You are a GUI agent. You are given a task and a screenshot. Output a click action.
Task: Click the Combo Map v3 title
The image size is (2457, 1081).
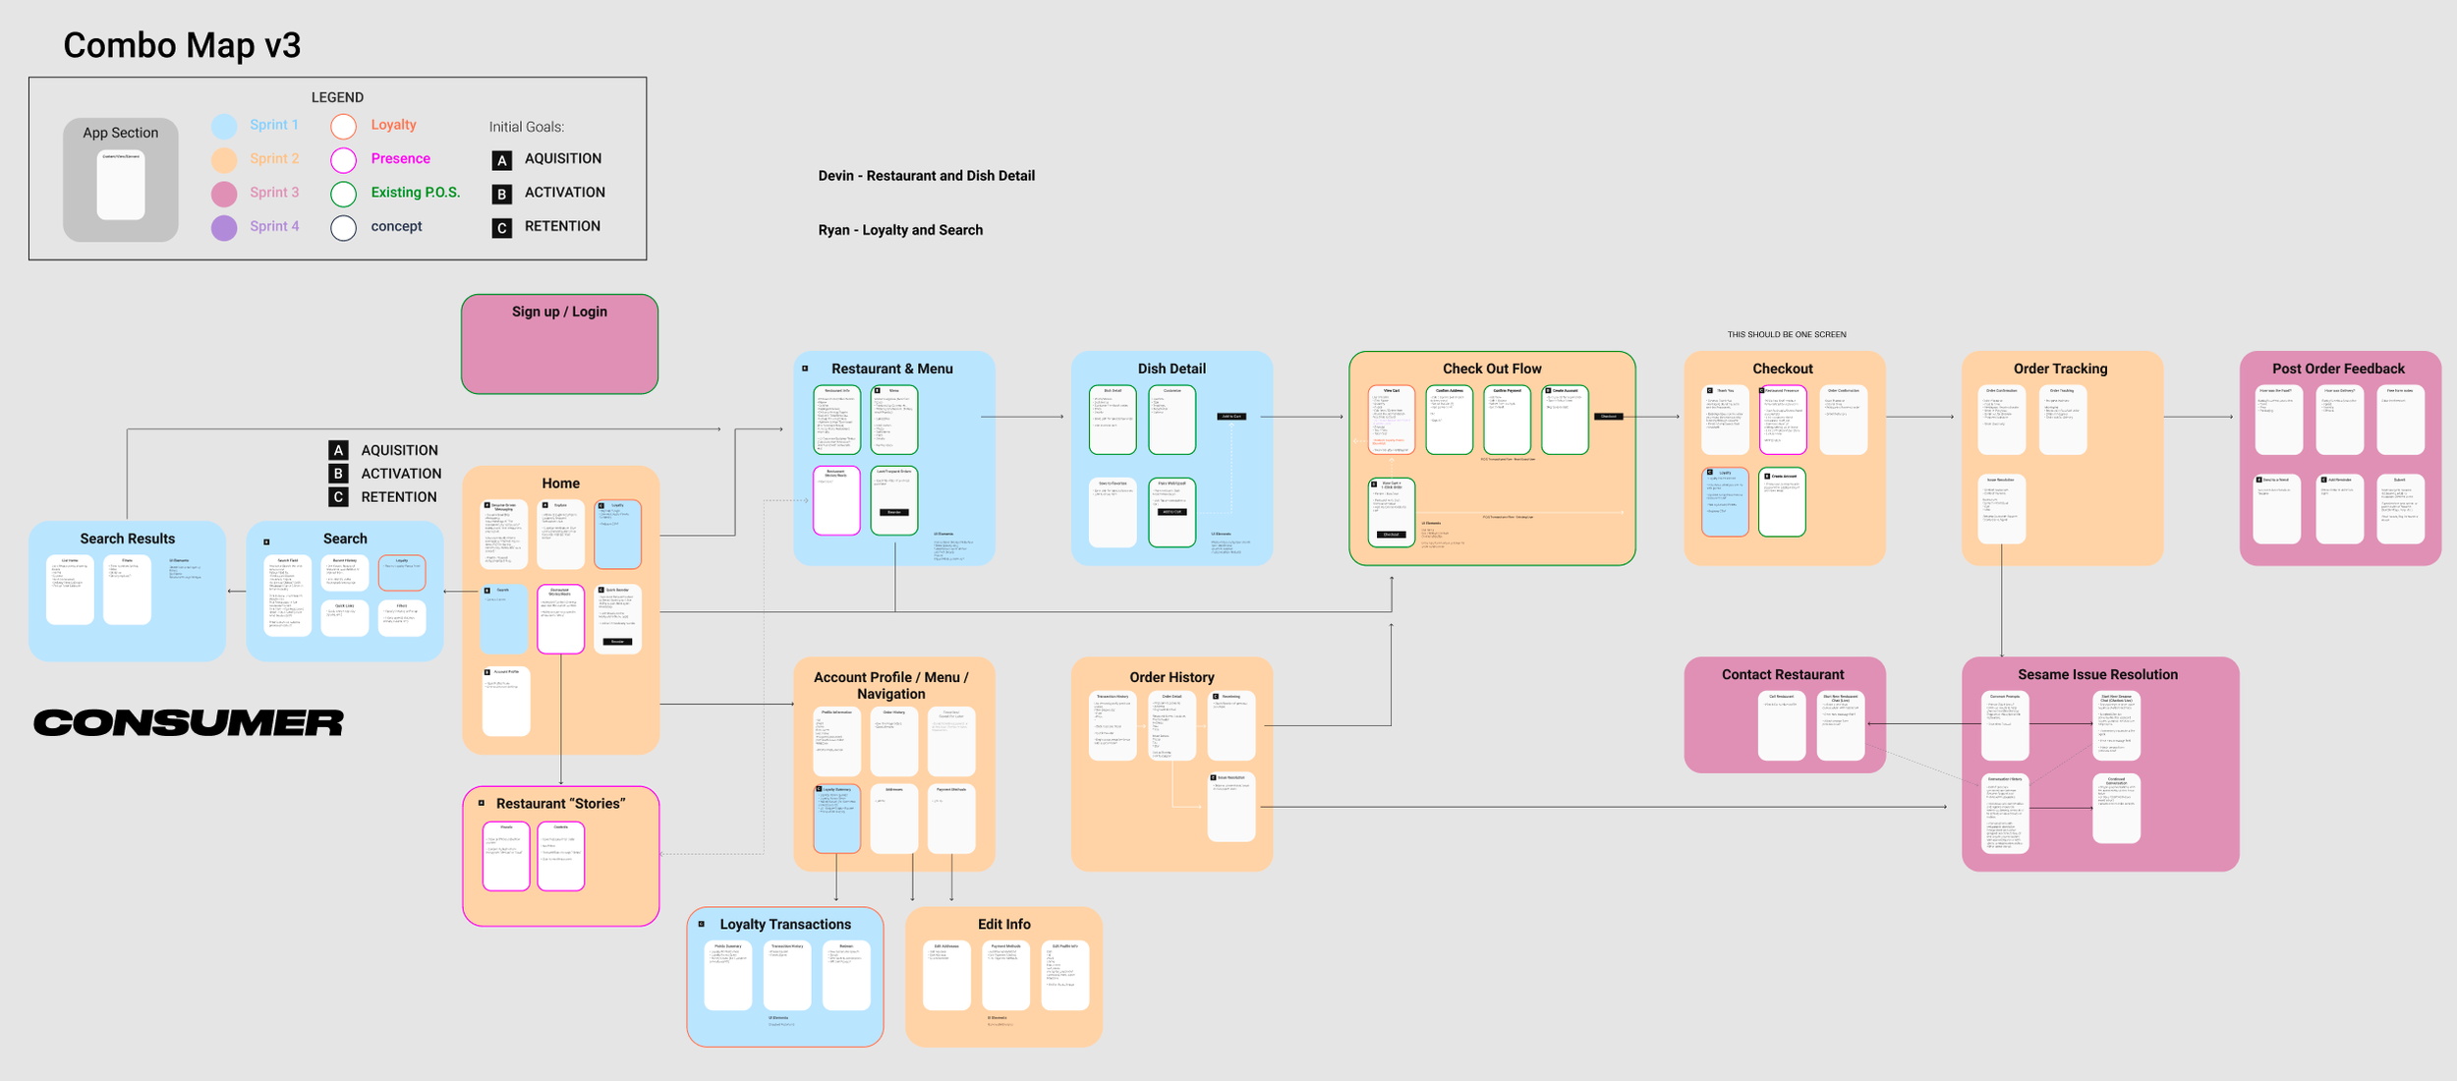182,45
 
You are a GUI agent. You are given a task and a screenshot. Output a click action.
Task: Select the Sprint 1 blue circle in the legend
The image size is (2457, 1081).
224,126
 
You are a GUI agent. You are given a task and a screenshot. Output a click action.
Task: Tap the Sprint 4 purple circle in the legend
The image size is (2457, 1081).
224,228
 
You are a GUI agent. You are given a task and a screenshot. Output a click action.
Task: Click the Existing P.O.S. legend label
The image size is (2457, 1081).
415,193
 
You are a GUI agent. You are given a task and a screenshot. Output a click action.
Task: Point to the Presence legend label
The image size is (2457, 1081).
400,158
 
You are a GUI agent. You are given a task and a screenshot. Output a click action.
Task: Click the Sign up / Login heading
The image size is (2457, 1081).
559,312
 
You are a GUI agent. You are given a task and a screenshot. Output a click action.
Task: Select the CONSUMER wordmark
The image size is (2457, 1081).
189,723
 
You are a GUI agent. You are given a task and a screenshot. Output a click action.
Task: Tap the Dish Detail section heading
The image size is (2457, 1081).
1171,369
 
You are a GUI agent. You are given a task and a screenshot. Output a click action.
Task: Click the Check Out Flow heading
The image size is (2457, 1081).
1492,369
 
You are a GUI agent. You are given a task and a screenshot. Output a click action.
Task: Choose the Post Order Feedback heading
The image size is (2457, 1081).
2338,369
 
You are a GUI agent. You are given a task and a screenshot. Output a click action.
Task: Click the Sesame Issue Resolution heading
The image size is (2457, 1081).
2097,674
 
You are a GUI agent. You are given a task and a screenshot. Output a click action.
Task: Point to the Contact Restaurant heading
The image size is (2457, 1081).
1783,674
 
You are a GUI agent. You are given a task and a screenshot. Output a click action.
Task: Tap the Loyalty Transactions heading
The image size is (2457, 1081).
785,924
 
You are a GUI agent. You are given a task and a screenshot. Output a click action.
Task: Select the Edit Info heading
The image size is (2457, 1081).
1003,924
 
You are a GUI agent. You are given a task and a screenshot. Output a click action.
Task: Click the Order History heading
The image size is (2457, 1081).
1171,677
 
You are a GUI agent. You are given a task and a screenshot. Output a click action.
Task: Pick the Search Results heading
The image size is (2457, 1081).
128,539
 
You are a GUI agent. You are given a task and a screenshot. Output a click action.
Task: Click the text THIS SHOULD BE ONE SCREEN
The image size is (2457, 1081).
1787,334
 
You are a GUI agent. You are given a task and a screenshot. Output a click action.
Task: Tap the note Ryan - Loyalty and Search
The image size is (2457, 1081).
900,230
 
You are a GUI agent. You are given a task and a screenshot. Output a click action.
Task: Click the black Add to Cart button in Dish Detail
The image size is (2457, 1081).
1231,417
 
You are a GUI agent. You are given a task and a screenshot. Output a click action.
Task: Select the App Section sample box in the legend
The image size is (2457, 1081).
121,180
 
